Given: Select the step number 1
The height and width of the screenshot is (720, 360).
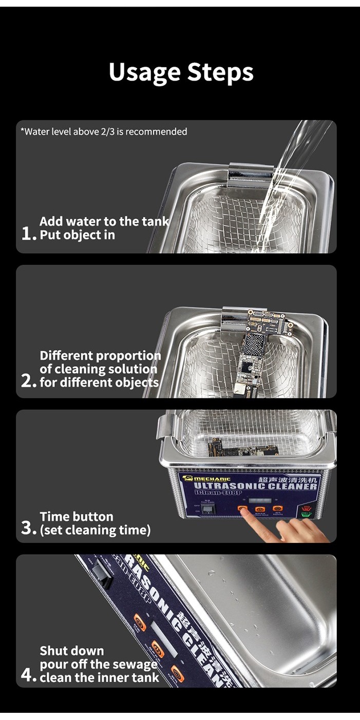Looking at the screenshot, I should [29, 234].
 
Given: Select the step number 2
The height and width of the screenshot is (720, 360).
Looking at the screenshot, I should [29, 381].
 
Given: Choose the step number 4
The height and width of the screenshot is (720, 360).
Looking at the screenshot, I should [29, 675].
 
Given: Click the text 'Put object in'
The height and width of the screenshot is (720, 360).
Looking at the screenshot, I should [77, 235].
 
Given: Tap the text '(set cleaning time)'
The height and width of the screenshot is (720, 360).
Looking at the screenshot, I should [95, 530].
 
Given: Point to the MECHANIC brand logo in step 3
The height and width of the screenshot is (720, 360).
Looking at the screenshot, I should [208, 479].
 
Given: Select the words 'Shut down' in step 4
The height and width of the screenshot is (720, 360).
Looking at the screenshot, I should [72, 651].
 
